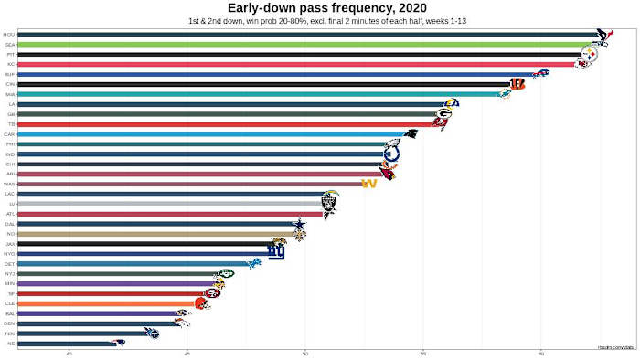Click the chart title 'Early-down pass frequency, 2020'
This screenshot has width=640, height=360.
tap(320, 8)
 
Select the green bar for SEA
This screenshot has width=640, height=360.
tap(302, 44)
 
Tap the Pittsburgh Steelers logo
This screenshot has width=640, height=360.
tap(589, 55)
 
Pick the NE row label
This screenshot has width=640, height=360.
tap(9, 343)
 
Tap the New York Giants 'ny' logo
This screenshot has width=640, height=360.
tap(276, 252)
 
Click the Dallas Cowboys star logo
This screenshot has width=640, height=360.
tap(298, 224)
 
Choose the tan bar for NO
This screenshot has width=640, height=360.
tap(155, 233)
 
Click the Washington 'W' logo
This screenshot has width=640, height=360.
tap(369, 184)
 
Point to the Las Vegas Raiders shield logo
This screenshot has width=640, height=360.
tap(330, 204)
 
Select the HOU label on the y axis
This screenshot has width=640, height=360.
tap(9, 35)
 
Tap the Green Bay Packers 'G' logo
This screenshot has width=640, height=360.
tap(443, 114)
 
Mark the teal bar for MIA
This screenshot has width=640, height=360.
tap(256, 94)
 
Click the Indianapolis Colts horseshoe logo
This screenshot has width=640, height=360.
tap(391, 154)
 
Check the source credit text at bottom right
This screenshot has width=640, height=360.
tap(616, 346)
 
